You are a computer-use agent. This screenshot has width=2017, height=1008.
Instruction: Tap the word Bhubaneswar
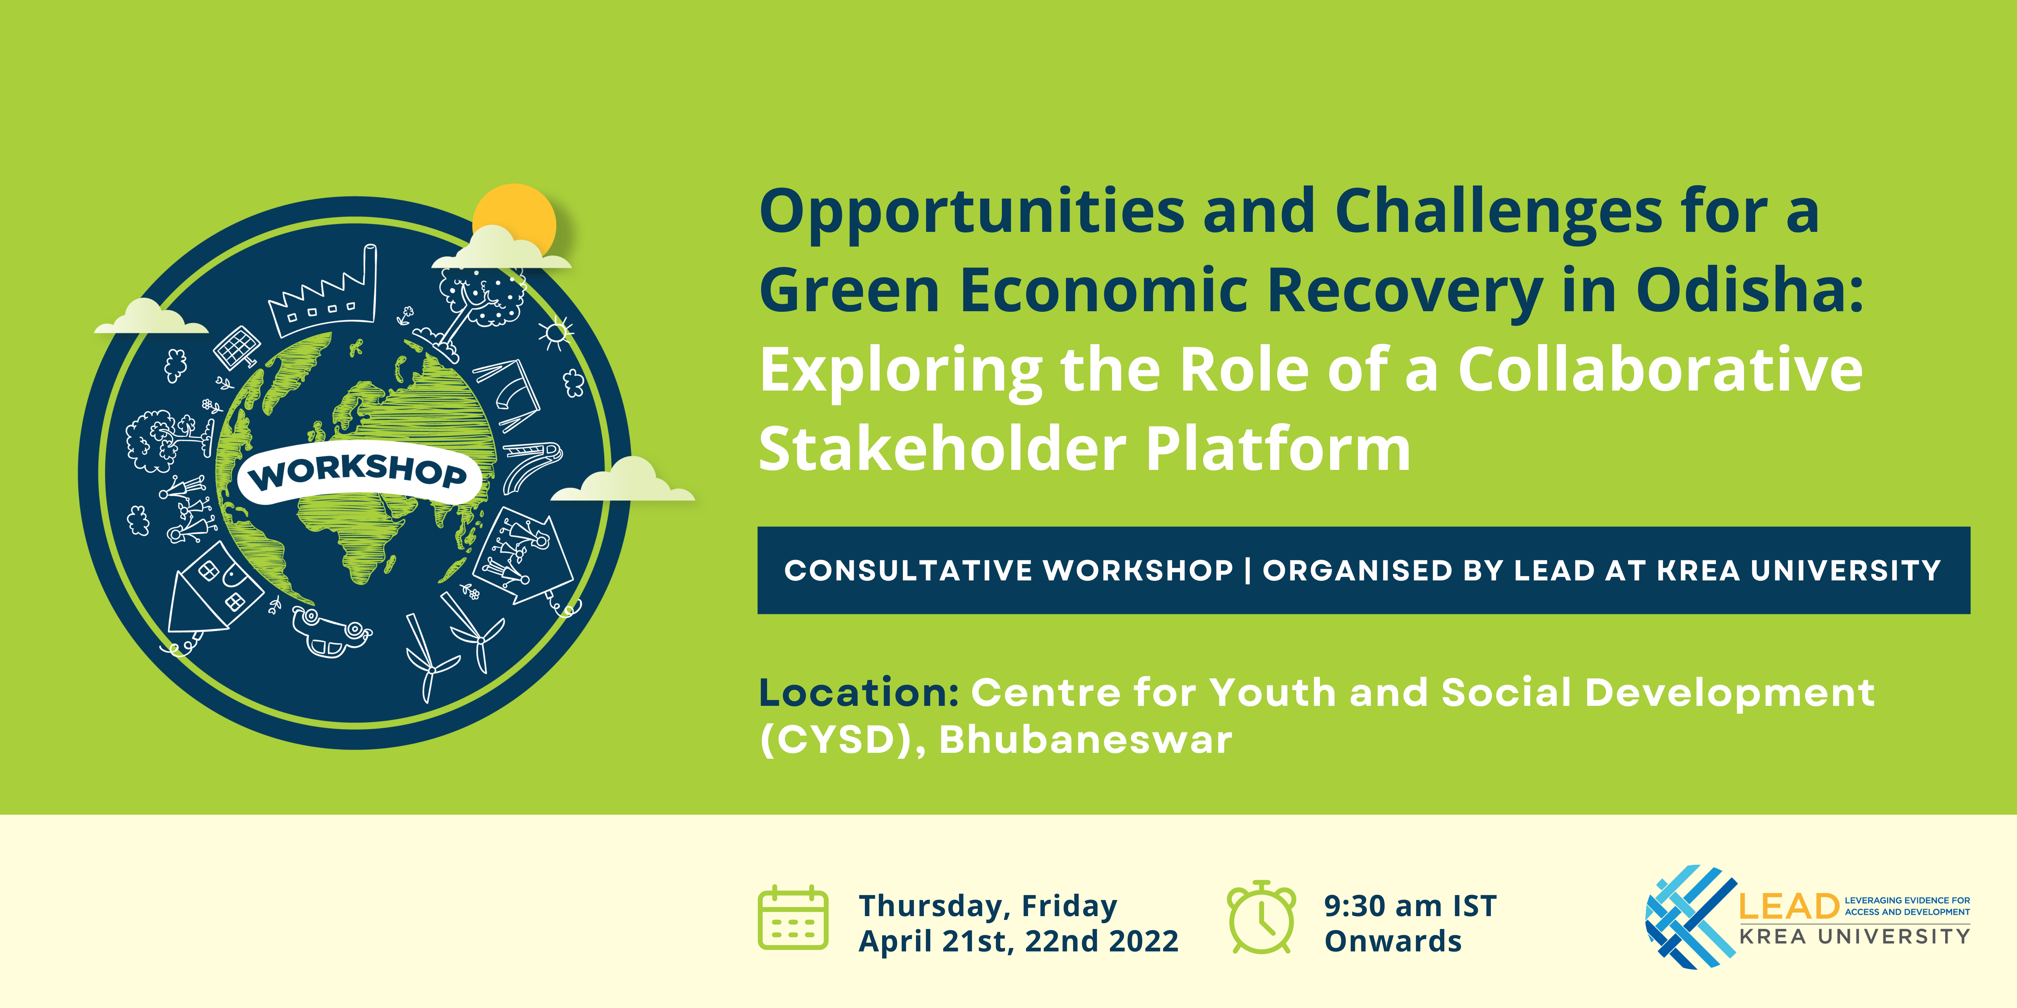click(x=1085, y=740)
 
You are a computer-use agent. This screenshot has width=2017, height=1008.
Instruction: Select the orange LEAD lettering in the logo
click(x=1788, y=906)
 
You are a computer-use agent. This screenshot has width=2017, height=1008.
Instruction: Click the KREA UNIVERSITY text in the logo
click(x=1854, y=936)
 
